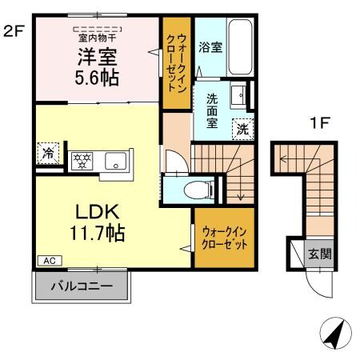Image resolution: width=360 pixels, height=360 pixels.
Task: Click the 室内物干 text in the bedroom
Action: (x=97, y=37)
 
